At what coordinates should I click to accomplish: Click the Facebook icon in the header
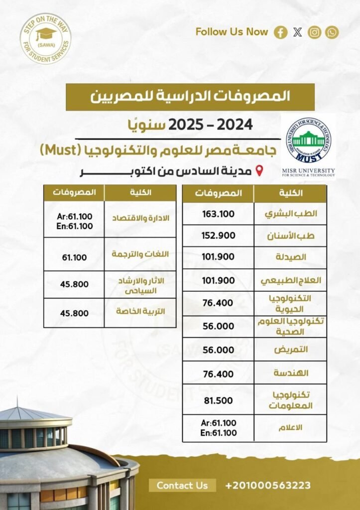click(281, 33)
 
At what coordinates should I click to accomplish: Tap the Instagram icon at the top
click(314, 33)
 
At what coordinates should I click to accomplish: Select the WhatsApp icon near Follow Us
click(332, 33)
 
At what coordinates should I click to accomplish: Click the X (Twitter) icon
click(298, 33)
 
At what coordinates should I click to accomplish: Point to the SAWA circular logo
click(45, 38)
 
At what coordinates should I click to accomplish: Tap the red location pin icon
click(259, 172)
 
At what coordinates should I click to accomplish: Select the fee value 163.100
click(218, 214)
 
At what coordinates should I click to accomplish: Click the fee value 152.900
click(218, 236)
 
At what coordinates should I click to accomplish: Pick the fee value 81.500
click(218, 400)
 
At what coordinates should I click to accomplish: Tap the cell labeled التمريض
click(291, 350)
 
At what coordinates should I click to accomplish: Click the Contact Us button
click(182, 485)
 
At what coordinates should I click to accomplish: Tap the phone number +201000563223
click(268, 485)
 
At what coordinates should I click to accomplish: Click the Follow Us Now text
click(232, 32)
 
